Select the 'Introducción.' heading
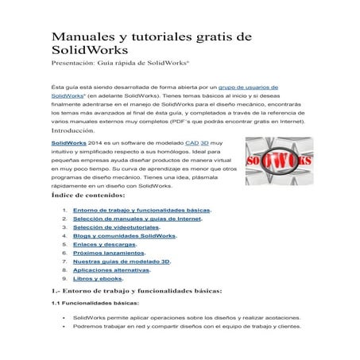[78, 129]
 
